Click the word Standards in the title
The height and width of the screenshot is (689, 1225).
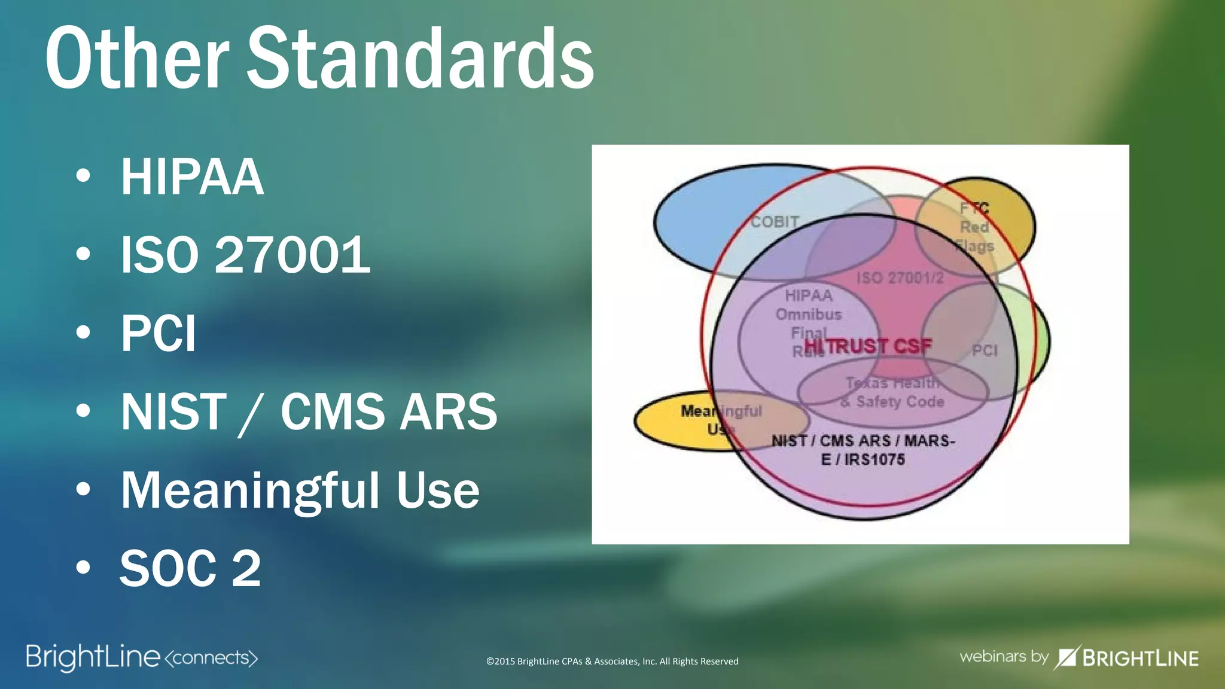point(420,59)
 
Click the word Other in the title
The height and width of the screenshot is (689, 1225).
point(137,59)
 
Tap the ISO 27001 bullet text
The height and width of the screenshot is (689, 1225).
point(245,255)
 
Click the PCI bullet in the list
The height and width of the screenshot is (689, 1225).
point(159,333)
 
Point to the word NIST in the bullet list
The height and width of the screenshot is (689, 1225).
point(173,411)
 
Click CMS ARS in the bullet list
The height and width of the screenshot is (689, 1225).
point(389,411)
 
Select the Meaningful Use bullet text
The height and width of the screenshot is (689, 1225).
point(300,490)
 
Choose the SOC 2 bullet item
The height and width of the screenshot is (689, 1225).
point(190,568)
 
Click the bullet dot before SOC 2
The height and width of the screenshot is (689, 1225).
point(83,567)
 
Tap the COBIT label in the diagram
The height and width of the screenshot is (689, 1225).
point(775,222)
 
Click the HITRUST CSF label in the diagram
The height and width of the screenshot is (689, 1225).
point(868,346)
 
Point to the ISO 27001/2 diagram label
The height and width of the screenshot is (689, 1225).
point(900,278)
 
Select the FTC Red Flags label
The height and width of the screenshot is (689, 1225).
point(974,227)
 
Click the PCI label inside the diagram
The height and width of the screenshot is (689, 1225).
point(985,350)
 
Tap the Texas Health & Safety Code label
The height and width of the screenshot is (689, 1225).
point(892,392)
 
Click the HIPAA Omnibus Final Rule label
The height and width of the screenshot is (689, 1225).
point(809,314)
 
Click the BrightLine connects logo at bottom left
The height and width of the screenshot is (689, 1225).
point(142,657)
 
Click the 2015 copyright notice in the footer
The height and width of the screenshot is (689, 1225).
point(612,661)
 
